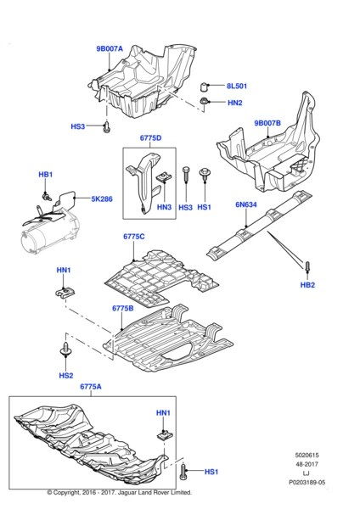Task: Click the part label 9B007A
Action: tap(110, 49)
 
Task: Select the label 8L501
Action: tap(237, 87)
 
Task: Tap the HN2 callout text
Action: tap(235, 103)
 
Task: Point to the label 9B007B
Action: tap(268, 124)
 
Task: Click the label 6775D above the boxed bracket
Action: tap(150, 137)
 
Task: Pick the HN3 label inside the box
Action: tap(164, 207)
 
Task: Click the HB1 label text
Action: tap(46, 175)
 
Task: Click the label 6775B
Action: tap(121, 309)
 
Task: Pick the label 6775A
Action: tap(91, 387)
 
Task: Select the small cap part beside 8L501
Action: tap(205, 87)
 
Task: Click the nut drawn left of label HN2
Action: tap(205, 103)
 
